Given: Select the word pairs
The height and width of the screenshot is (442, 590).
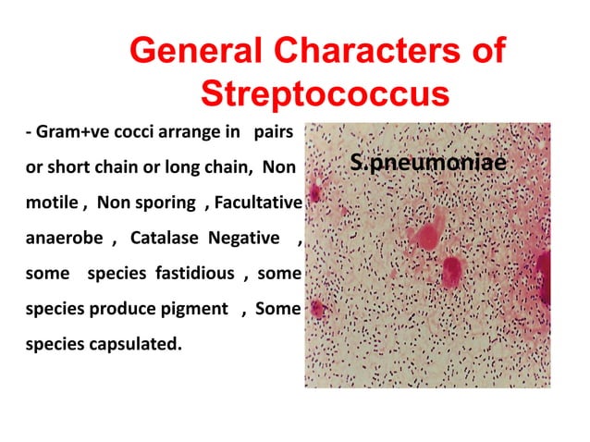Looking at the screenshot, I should click(x=273, y=134).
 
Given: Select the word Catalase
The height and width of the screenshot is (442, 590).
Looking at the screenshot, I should click(x=166, y=239).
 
